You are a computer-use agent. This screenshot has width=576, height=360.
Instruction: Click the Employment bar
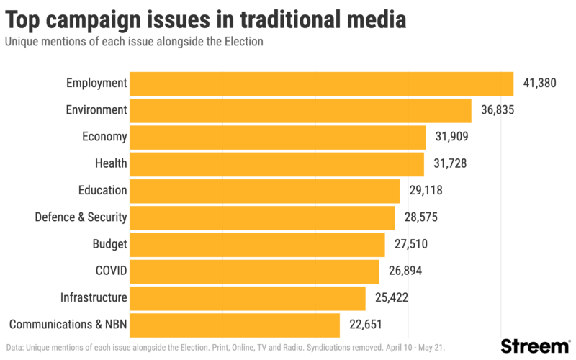[322, 84]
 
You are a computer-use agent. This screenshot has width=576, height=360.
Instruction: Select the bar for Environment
[301, 110]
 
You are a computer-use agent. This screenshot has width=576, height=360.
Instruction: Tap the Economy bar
[278, 137]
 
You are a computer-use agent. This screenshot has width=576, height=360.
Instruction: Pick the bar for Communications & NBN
[235, 325]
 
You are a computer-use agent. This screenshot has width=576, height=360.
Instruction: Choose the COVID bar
[255, 271]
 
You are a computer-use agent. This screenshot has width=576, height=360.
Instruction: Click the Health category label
[111, 163]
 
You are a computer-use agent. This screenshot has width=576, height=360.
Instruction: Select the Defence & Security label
[81, 217]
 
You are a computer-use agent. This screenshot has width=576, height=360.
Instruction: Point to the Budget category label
[109, 244]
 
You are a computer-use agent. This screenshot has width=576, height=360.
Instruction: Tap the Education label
[102, 191]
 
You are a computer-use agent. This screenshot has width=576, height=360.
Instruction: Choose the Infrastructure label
[94, 298]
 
